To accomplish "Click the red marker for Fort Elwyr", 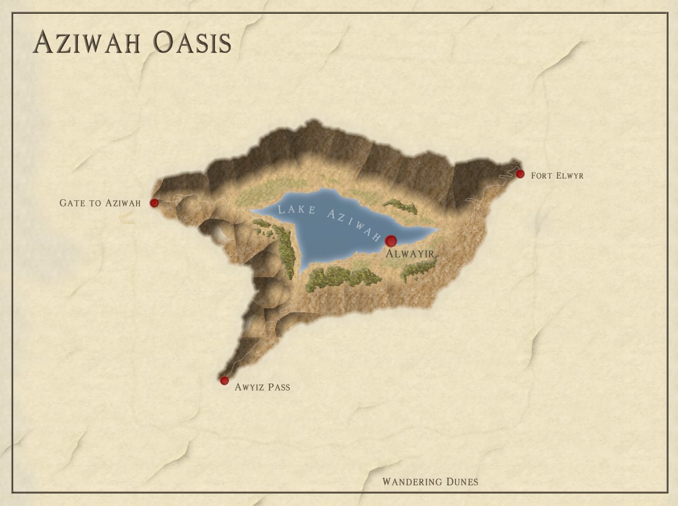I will coord(520,174).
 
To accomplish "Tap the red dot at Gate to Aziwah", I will coord(154,203).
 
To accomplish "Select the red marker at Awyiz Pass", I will coord(224,380).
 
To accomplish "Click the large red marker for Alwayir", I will coord(391,241).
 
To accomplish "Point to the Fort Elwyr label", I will coord(557,175).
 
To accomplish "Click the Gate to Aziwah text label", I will coord(100,203).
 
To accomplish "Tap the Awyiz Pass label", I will coord(262,387).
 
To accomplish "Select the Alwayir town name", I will coord(411,254).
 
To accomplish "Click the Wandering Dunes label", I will coord(430,482).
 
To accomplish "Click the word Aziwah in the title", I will coord(87,42).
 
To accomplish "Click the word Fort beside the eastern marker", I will coord(541,175).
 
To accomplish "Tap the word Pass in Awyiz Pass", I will coord(279,387).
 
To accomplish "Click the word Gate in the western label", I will coord(72,203).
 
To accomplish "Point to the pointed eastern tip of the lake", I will coord(437,229).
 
